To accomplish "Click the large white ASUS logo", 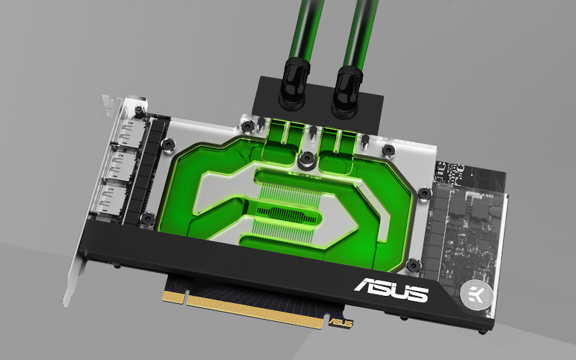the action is pos(391,289).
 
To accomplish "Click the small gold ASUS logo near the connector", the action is pos(341,323).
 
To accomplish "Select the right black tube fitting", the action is pos(347,92).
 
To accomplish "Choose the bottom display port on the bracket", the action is pos(113,200).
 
